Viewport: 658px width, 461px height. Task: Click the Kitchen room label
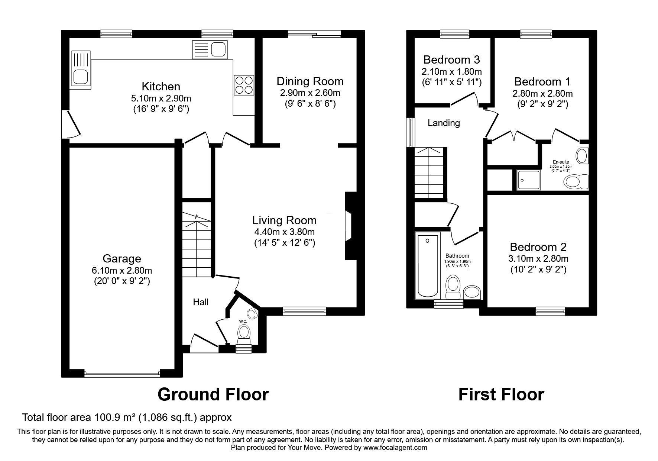pos(161,87)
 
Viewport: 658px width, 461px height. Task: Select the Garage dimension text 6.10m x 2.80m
pos(122,270)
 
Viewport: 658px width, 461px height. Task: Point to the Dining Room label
pos(310,81)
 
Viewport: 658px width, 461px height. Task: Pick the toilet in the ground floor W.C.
pos(244,334)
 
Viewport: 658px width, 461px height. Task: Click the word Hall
pos(201,302)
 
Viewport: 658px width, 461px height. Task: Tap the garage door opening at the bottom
pos(122,374)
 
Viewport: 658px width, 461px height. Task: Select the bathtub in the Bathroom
pos(428,265)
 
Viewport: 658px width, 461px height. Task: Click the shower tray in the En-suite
pos(528,180)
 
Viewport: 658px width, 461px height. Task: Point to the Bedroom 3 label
pos(451,59)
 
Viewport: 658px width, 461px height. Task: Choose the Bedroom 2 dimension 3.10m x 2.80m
pos(538,258)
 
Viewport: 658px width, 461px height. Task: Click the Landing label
pos(444,123)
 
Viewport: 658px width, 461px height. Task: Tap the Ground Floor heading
pos(213,394)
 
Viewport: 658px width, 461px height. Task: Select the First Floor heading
pos(501,394)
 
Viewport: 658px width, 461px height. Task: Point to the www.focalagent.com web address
pos(395,448)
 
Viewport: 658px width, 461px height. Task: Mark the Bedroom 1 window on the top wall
pos(537,34)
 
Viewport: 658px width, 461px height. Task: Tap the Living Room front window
pos(304,311)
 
